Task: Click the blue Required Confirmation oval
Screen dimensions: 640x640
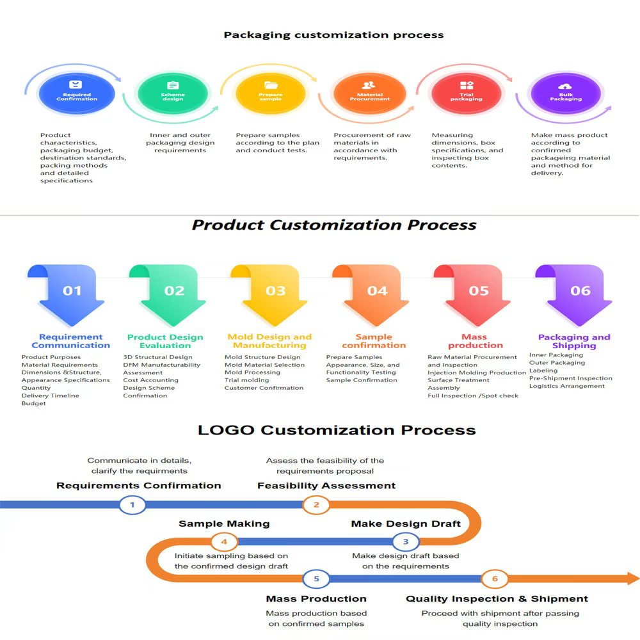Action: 77,94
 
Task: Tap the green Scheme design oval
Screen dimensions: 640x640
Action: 172,94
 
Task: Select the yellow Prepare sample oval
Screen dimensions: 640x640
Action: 270,94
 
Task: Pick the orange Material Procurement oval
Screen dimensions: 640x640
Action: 369,94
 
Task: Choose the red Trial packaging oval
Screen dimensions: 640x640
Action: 466,94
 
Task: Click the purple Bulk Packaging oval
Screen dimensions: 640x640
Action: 565,94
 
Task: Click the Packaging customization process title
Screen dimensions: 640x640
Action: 333,35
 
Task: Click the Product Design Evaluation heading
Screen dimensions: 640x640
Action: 165,341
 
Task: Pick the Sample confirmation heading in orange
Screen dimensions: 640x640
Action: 374,341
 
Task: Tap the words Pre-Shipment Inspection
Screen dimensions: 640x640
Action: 570,378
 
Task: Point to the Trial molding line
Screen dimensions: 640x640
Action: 246,380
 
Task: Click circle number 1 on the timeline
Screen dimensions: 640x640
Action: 132,505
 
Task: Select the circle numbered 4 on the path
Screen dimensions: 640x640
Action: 224,542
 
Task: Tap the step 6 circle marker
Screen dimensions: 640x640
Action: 494,579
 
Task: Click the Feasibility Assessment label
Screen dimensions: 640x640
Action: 326,486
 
